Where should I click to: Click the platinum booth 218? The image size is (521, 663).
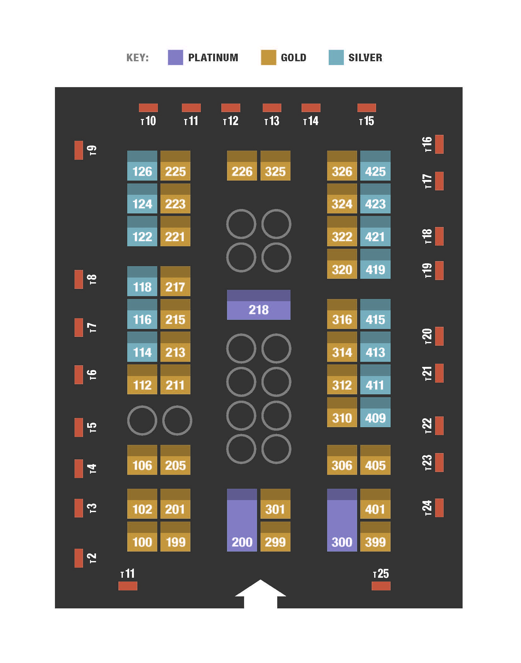(x=259, y=305)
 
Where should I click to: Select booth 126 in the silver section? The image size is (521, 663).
(x=142, y=165)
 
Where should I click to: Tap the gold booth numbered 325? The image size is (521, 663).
(x=275, y=165)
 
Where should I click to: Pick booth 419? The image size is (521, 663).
(x=375, y=264)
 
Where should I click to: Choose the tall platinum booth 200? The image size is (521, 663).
(x=242, y=520)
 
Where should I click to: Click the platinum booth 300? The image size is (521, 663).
(x=342, y=520)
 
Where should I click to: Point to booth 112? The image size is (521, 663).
(x=142, y=379)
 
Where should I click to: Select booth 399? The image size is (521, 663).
(x=375, y=536)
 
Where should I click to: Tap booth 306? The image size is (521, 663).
(x=342, y=460)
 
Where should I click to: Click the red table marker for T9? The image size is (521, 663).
(x=79, y=150)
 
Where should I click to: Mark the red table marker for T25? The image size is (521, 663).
(x=381, y=586)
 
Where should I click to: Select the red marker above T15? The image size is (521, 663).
(x=367, y=108)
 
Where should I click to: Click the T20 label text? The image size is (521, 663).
(x=427, y=336)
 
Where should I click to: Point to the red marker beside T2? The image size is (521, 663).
(x=79, y=558)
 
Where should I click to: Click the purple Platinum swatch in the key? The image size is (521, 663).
(x=176, y=57)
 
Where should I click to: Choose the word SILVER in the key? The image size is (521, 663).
(x=365, y=57)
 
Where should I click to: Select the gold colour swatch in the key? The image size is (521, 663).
(x=268, y=57)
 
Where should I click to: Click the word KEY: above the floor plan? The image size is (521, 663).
(x=137, y=57)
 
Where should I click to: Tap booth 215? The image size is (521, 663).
(x=175, y=314)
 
